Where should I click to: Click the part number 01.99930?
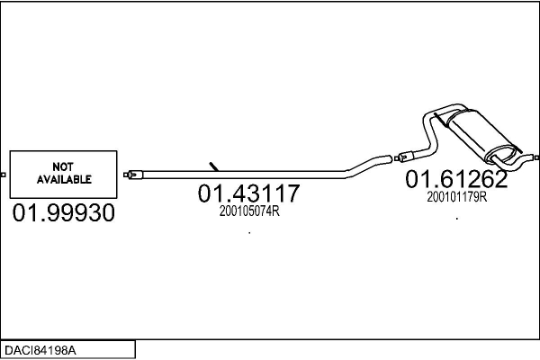click(x=63, y=212)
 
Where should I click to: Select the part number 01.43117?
click(x=248, y=193)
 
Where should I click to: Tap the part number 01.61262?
click(x=456, y=179)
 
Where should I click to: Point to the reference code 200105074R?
click(x=249, y=211)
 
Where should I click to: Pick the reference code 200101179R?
click(x=457, y=197)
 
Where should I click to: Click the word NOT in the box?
click(x=63, y=167)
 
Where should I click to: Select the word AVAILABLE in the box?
click(x=64, y=179)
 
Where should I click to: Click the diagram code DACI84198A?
click(x=40, y=350)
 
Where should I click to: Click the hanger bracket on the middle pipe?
click(x=214, y=166)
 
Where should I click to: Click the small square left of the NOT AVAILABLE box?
click(x=3, y=175)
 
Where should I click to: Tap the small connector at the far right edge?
click(x=537, y=157)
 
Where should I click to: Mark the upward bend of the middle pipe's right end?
click(x=368, y=166)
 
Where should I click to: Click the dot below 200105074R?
click(x=249, y=233)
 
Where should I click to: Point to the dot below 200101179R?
click(x=457, y=219)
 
